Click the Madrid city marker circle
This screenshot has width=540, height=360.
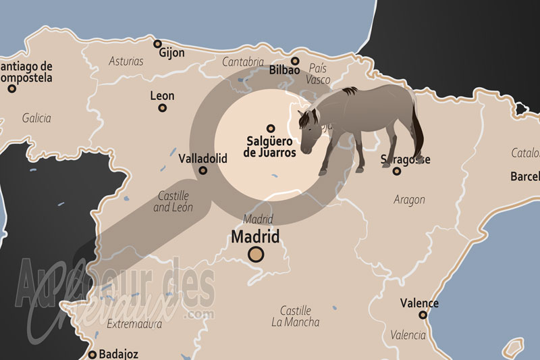pos(255,255)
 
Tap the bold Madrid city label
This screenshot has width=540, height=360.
pos(255,237)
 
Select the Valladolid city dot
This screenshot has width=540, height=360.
pos(203,171)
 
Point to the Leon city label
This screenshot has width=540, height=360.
pos(162,96)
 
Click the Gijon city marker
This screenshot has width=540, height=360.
pos(157,45)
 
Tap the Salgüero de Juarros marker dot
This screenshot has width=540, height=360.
pos(271,128)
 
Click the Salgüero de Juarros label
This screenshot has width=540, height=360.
pos(270,147)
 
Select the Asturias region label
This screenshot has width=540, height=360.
pos(126,61)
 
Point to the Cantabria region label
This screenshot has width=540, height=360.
pos(244,62)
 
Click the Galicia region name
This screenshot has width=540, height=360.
pos(36,118)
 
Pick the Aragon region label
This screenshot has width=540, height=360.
pos(409,200)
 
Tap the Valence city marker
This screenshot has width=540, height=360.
pos(423,315)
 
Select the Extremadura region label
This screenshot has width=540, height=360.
pos(134,324)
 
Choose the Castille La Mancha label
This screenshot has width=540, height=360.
pos(296,317)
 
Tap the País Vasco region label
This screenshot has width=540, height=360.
pos(319,74)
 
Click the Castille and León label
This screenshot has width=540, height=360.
pos(173,201)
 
